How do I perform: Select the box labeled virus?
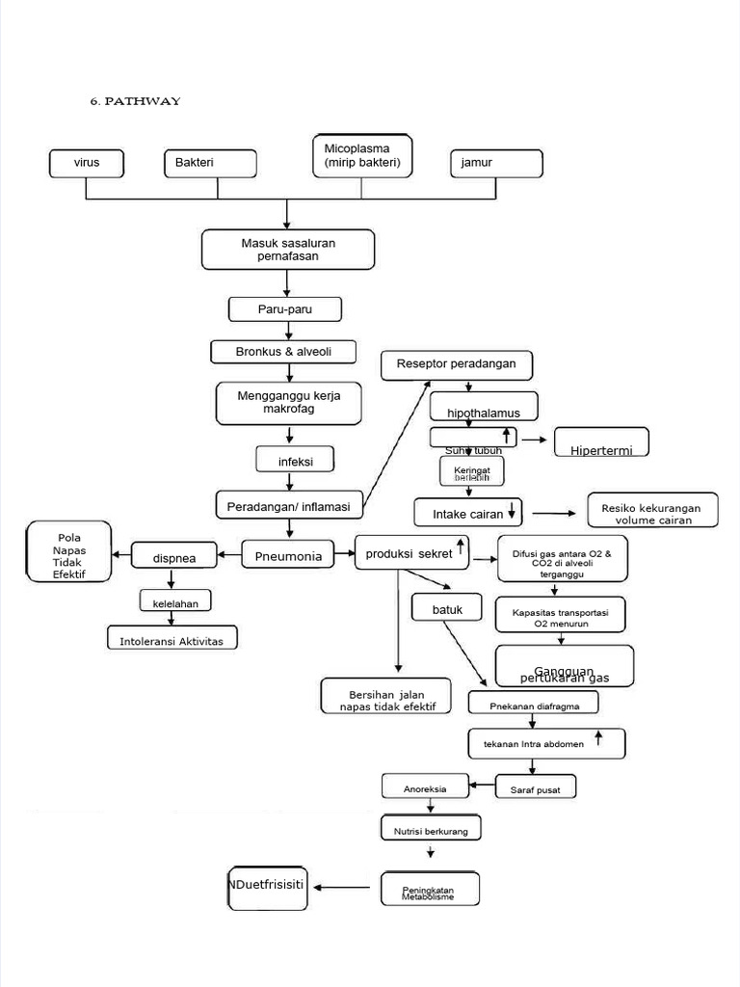point(88,164)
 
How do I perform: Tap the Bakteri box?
point(210,164)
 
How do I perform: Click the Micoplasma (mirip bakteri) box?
point(362,156)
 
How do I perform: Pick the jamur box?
point(495,164)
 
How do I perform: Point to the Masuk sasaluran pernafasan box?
point(287,250)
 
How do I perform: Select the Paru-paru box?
point(286,309)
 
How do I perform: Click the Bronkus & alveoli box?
point(283,352)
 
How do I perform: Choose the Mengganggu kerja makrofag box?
point(289,402)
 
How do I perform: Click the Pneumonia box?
point(288,555)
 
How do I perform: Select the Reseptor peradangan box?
point(457,364)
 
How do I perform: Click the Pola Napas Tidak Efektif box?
point(68,551)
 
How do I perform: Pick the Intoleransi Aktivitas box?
point(172,639)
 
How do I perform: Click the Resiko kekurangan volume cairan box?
point(652,511)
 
